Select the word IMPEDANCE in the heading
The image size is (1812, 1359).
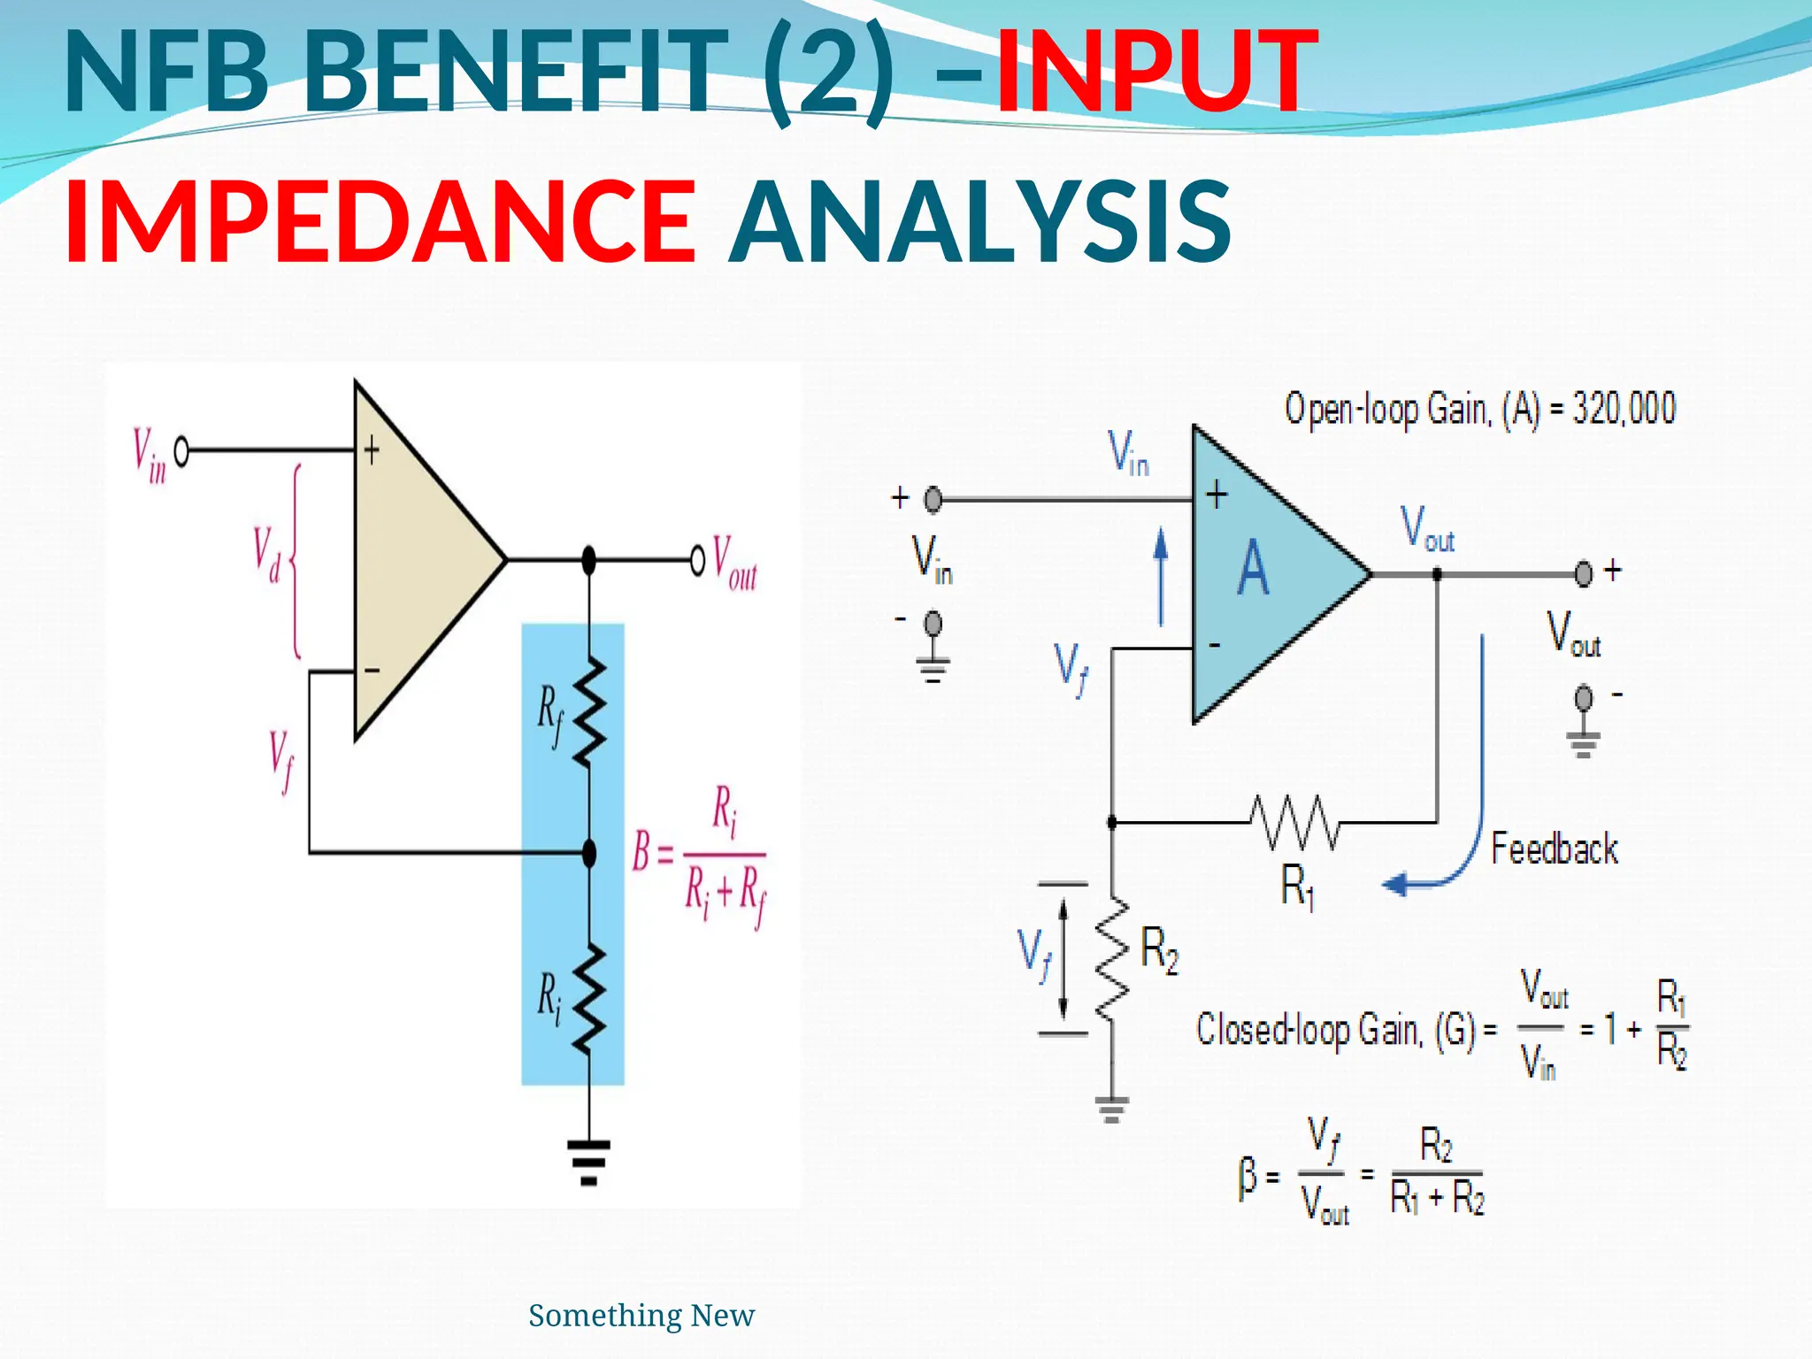pyautogui.click(x=380, y=221)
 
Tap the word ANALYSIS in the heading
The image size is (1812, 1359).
pyautogui.click(x=979, y=221)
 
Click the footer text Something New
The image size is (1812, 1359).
pyautogui.click(x=641, y=1316)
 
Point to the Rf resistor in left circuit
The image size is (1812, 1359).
pyautogui.click(x=589, y=712)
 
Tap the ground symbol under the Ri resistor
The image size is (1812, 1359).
pyautogui.click(x=589, y=1161)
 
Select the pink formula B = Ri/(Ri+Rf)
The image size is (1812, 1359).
pyautogui.click(x=699, y=856)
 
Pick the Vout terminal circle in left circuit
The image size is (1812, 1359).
pyautogui.click(x=698, y=559)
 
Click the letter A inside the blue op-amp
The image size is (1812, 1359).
pyautogui.click(x=1253, y=568)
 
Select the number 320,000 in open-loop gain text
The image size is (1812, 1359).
pyautogui.click(x=1624, y=409)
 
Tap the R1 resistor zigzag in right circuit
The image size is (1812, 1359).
pyautogui.click(x=1295, y=822)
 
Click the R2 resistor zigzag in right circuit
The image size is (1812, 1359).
pyautogui.click(x=1112, y=960)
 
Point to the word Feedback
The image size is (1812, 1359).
pyautogui.click(x=1555, y=849)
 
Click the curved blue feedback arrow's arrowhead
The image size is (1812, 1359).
pyautogui.click(x=1395, y=884)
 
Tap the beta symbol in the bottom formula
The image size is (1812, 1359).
pyautogui.click(x=1248, y=1177)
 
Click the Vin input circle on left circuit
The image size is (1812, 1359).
pyautogui.click(x=181, y=451)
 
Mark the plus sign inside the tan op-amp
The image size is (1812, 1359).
pyautogui.click(x=372, y=450)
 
